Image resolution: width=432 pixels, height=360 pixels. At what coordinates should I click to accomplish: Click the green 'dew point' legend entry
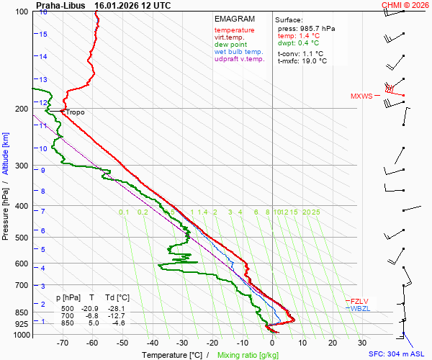click(231, 45)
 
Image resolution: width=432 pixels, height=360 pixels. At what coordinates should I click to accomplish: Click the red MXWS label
click(361, 96)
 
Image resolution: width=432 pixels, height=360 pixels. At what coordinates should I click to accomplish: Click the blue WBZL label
click(359, 308)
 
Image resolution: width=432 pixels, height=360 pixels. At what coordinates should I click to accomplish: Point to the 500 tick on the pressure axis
click(22, 238)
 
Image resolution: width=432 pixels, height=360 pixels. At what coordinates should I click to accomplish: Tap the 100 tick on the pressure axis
click(22, 12)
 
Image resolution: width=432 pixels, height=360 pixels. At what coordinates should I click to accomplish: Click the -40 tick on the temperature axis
click(152, 343)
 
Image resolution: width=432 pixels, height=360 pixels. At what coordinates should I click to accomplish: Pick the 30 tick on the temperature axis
click(362, 343)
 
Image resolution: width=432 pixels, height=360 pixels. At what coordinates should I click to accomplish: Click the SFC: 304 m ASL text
click(397, 354)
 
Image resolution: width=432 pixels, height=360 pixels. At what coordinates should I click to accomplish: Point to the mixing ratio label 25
click(315, 212)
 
